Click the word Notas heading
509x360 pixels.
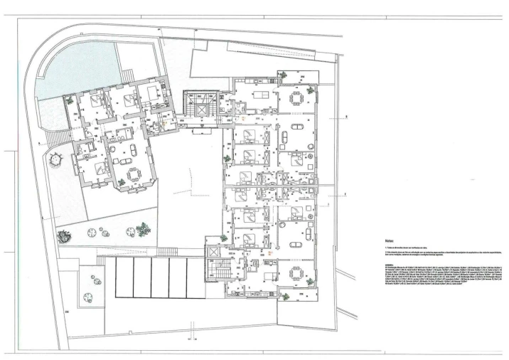click(390, 241)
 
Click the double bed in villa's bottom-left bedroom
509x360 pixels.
click(100, 169)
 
